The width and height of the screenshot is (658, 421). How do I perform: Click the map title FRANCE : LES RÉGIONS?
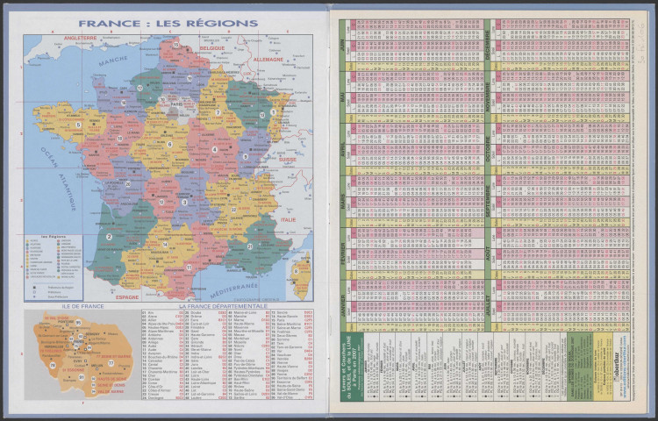coord(167,24)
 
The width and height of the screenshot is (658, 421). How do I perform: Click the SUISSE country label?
coord(288,160)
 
